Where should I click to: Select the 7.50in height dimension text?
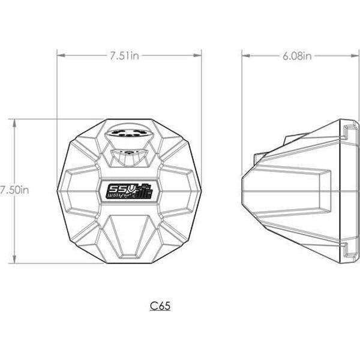point(14,190)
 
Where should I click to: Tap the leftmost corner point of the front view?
point(58,190)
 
